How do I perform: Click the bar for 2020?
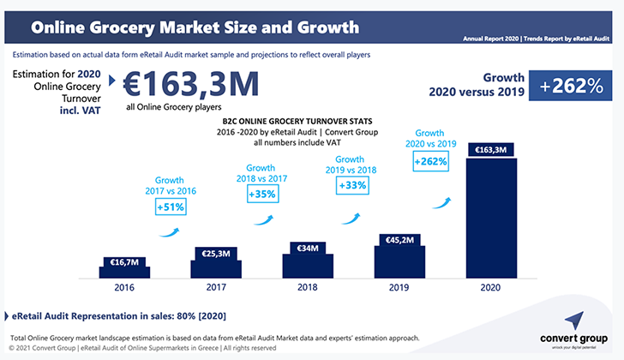[490, 214]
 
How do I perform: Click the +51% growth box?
[170, 207]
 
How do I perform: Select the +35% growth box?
[261, 194]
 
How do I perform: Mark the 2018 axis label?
[306, 289]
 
